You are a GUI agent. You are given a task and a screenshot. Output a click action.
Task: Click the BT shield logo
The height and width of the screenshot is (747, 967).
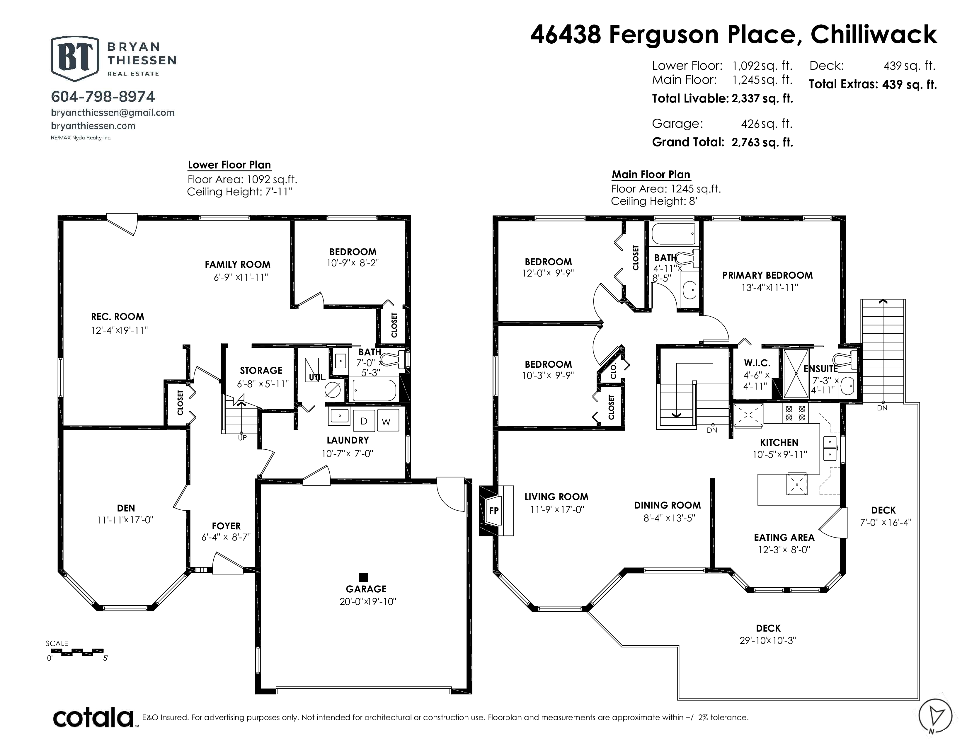(x=74, y=58)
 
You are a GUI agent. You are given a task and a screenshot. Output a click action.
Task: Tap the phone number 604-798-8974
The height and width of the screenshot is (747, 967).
(x=103, y=96)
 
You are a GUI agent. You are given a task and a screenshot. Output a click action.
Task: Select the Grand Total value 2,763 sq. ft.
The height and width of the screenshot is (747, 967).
(x=762, y=142)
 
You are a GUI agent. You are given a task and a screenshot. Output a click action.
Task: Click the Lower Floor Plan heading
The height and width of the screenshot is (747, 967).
(x=229, y=165)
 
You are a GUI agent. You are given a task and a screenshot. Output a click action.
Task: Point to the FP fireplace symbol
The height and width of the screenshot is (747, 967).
(x=494, y=511)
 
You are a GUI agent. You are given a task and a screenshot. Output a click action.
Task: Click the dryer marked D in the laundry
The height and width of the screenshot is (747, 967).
(x=364, y=420)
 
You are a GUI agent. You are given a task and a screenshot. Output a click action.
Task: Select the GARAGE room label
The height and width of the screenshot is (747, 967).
(x=366, y=589)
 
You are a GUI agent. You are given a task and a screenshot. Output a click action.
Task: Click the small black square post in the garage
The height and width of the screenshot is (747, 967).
(x=364, y=577)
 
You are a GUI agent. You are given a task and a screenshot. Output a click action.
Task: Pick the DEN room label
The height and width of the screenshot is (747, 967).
(x=126, y=508)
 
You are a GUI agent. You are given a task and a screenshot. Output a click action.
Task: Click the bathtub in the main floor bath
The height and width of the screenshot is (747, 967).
(x=673, y=234)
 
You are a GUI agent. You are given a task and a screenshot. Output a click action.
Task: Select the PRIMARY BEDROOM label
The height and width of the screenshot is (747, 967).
(x=767, y=275)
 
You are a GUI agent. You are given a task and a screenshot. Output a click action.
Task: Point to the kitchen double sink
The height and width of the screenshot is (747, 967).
(x=830, y=448)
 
